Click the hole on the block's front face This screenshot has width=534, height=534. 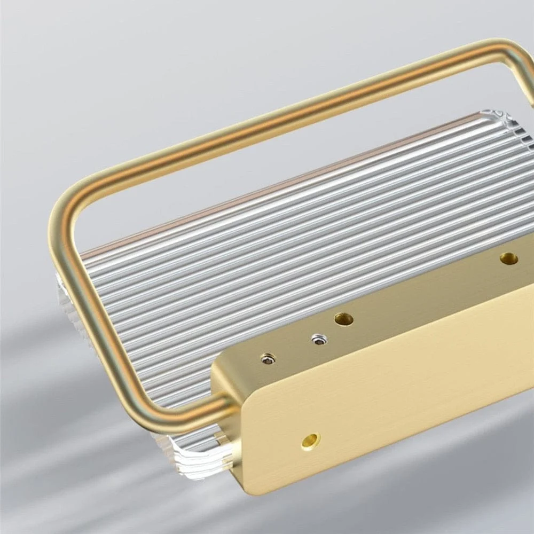(310, 440)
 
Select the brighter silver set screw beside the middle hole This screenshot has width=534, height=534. (319, 340)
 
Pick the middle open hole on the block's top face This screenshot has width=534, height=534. (343, 319)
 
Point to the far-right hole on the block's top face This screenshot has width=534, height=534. (508, 258)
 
